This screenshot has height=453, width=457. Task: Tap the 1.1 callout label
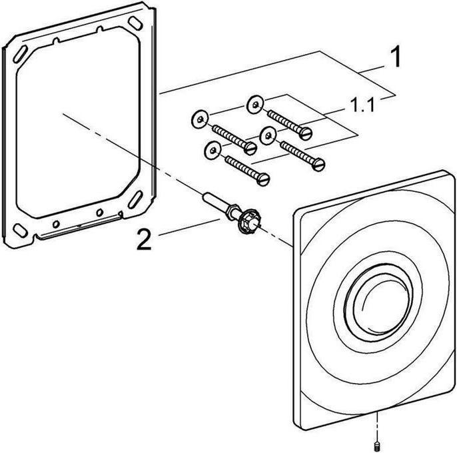362,105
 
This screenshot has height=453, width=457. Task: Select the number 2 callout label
144,239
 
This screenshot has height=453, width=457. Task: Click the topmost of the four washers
255,105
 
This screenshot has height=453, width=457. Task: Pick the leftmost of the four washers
200,119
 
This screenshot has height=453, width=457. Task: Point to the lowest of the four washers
213,150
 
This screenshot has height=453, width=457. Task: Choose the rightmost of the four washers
268,135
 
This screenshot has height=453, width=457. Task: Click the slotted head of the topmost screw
306,133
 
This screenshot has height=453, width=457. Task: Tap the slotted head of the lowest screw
264,179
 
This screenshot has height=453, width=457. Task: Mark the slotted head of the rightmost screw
318,165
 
